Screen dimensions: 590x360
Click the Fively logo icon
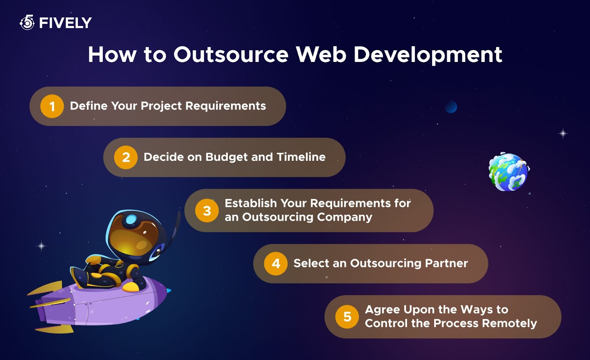pos(27,22)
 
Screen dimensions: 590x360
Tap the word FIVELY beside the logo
pos(65,23)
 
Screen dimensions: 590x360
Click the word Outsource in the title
pos(231,55)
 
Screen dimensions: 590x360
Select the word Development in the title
pos(428,55)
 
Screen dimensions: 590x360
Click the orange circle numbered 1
pos(52,106)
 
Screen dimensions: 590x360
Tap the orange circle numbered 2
pos(126,157)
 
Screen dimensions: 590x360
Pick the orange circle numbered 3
pos(207,211)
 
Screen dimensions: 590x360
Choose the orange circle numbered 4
pos(276,263)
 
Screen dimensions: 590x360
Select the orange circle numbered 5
pos(347,317)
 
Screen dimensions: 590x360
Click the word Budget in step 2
pos(226,157)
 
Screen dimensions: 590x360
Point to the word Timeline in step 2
pos(301,157)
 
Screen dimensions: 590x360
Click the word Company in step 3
pos(344,218)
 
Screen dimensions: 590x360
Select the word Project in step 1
pos(161,106)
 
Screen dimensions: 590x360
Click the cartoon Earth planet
pos(509,172)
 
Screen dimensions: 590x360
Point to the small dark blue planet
pos(451,107)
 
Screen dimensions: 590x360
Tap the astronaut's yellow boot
pos(131,287)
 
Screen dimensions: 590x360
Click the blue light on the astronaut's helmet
pos(131,219)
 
